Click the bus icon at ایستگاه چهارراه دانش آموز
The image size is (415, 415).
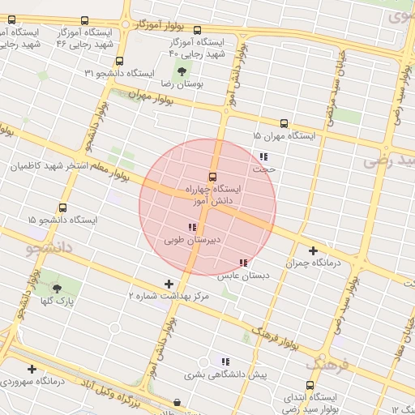click(x=213, y=177)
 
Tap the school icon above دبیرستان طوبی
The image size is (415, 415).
click(x=191, y=228)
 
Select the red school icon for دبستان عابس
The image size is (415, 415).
click(x=243, y=263)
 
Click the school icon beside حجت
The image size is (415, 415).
click(x=263, y=156)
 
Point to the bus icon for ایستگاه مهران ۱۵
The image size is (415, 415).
click(x=283, y=123)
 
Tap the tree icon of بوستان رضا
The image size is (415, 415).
click(x=181, y=71)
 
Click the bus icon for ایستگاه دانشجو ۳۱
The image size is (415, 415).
click(x=120, y=61)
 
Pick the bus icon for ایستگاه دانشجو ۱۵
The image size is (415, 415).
click(x=63, y=207)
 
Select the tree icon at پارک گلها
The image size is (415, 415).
click(x=56, y=288)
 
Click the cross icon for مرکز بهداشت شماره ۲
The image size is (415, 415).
click(x=169, y=284)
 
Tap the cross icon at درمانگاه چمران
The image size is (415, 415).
click(x=313, y=250)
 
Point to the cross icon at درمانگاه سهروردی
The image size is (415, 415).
click(x=31, y=369)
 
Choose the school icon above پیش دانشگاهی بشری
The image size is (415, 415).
click(x=225, y=362)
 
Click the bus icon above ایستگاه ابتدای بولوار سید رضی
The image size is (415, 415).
click(x=310, y=386)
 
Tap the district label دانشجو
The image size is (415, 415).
click(x=50, y=246)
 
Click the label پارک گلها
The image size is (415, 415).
click(x=58, y=301)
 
